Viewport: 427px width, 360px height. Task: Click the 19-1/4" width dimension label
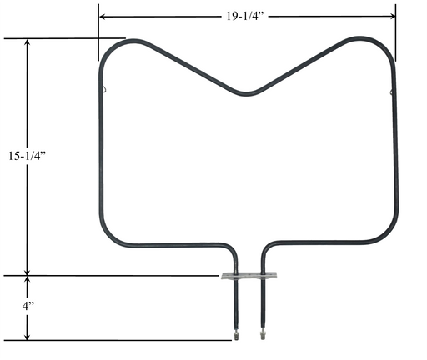point(244,17)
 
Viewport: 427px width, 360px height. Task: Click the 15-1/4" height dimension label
point(27,156)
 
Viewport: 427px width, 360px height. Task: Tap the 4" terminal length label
point(28,306)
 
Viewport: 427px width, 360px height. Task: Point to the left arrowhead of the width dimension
point(103,17)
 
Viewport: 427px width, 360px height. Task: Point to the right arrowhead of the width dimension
point(392,16)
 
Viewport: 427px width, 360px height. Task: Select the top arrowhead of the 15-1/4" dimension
point(27,42)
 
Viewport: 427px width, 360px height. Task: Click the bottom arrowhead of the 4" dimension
point(27,337)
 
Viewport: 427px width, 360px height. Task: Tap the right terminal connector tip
point(263,334)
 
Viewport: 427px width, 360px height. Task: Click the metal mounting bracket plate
point(249,276)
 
